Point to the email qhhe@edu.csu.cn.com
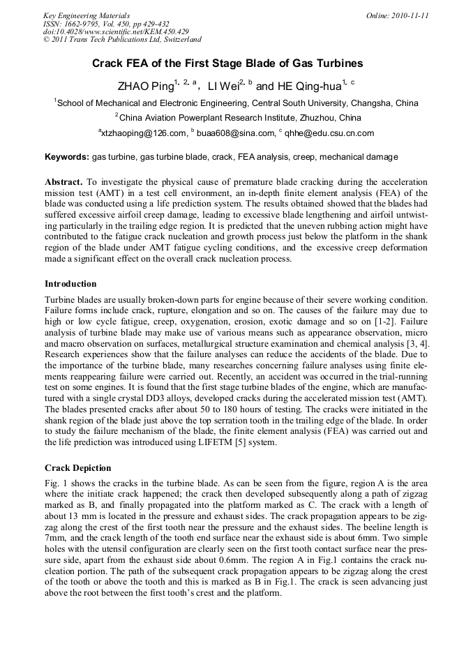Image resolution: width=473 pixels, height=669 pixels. pos(329,133)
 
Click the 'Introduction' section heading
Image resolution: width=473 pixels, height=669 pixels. pos(70,284)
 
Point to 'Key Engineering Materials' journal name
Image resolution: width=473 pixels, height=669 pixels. pos(86,15)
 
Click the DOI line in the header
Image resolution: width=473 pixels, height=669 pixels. pos(116,31)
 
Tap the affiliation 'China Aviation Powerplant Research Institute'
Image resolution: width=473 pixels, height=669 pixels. pos(240,118)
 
